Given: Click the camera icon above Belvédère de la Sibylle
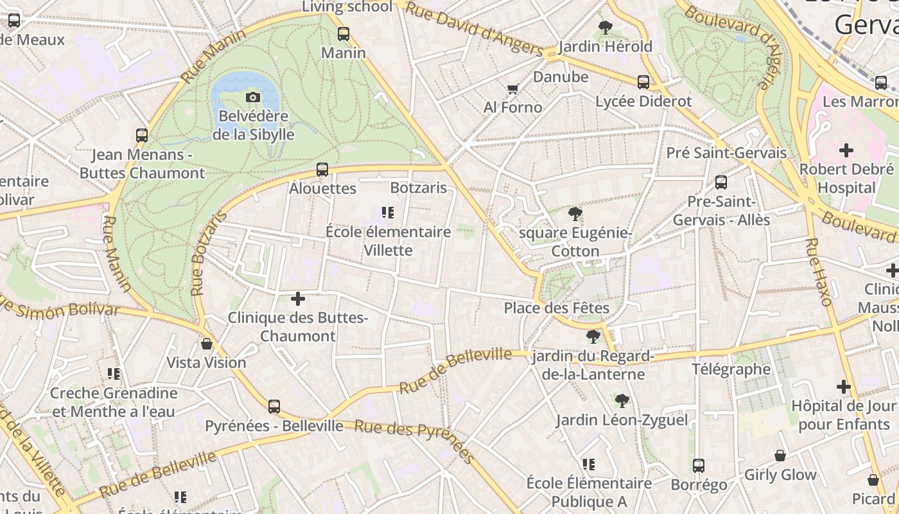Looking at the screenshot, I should click(253, 97).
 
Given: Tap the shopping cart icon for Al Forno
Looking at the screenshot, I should click(512, 89).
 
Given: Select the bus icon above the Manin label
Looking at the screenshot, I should click(344, 33).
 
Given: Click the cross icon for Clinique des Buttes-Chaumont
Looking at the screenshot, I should click(297, 299).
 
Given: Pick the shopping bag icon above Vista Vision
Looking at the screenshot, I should click(207, 344).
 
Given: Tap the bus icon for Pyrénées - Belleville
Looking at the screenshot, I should click(274, 406).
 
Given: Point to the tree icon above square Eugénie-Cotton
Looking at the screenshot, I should click(575, 214).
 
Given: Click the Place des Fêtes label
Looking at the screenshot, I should click(556, 308).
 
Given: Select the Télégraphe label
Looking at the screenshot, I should click(731, 369).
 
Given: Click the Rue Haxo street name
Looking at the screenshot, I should click(819, 271).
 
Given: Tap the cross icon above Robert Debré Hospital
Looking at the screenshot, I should click(846, 150).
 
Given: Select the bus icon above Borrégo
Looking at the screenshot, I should click(699, 465).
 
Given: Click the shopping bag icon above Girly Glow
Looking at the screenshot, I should click(780, 456).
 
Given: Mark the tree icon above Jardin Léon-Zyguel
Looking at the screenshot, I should click(621, 401).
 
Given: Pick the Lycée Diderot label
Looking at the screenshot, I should click(643, 102).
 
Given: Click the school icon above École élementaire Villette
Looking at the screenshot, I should click(387, 213).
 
